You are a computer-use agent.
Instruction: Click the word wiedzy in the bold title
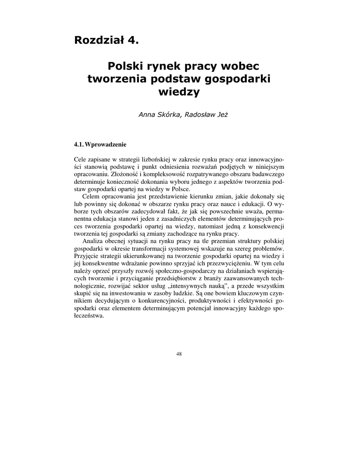pos(179,92)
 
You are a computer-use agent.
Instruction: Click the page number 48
pos(179,355)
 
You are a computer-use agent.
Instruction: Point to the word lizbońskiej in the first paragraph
pos(153,160)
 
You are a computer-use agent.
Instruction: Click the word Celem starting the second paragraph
pos(90,197)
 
